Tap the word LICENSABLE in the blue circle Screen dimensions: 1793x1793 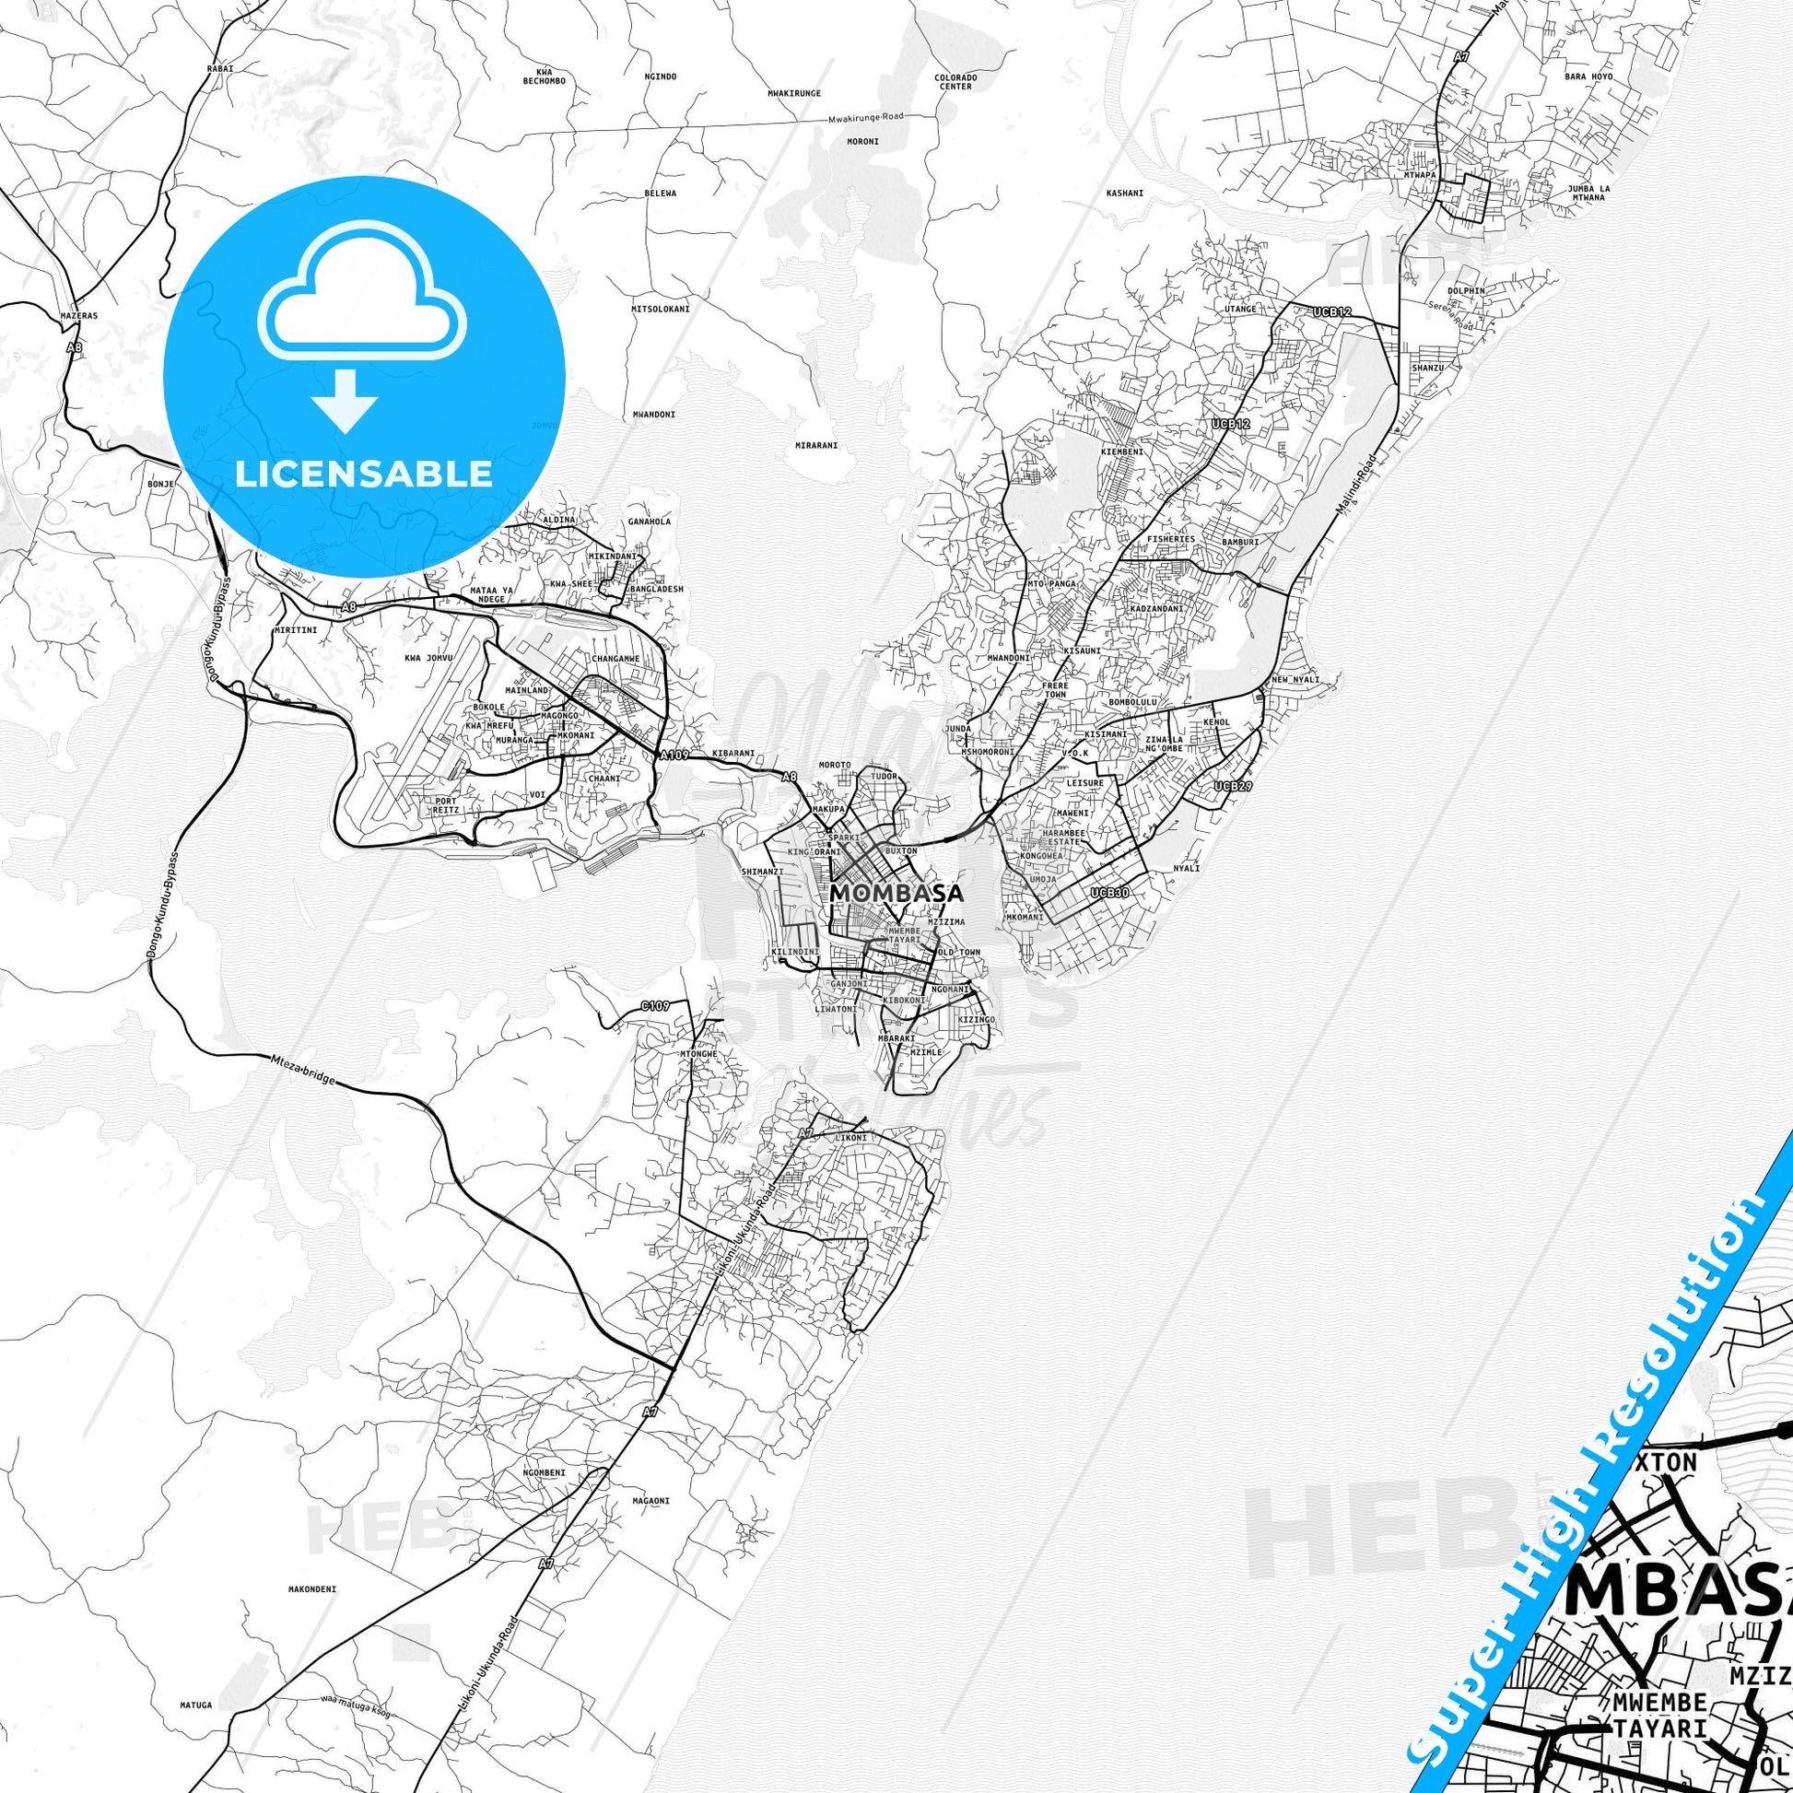(x=364, y=474)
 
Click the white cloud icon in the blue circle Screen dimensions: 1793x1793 (x=364, y=306)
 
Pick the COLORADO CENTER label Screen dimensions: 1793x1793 (x=955, y=82)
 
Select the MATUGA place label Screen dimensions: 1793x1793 (x=197, y=1653)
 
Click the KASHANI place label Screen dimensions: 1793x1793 (x=1125, y=193)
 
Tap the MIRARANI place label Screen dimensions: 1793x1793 (x=816, y=444)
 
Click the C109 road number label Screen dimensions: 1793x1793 (x=655, y=1005)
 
